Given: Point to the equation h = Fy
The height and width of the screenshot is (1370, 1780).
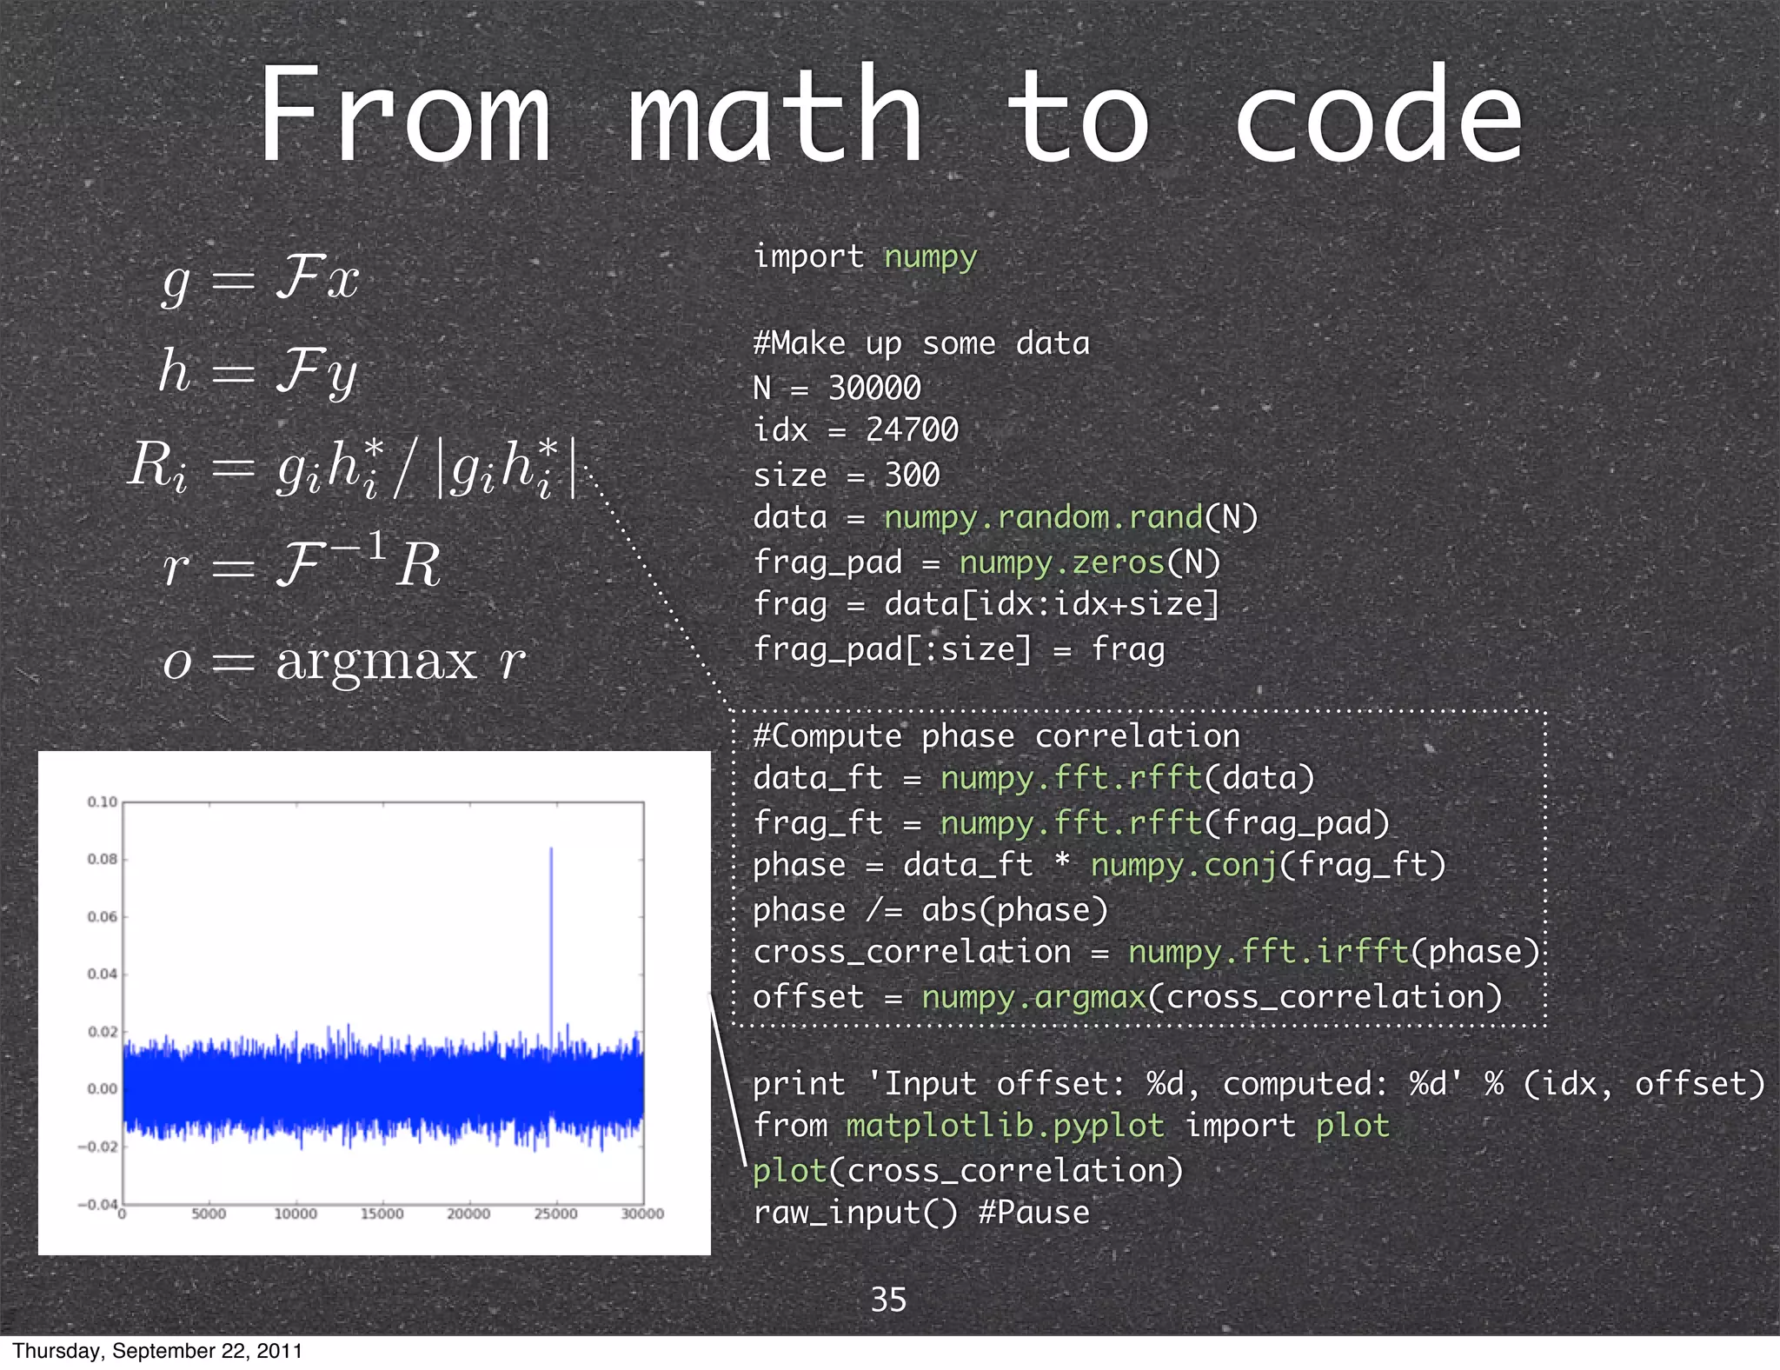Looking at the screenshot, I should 258,372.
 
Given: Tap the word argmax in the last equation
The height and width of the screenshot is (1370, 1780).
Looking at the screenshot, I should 376,661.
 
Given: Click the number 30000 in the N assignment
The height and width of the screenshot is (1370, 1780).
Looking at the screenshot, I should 874,388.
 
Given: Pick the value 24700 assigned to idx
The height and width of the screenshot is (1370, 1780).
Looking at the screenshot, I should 912,430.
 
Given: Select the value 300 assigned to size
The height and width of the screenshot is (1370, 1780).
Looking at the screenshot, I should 912,475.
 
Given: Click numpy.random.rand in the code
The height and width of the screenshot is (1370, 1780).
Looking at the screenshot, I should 1043,518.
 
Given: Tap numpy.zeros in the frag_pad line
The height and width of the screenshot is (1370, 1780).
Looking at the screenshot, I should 1061,562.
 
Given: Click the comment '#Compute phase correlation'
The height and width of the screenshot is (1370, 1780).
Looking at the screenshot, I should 996,736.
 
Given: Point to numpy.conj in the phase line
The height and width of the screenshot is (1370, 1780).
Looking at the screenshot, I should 1184,866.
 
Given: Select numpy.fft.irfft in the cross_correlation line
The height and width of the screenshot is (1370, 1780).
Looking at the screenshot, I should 1268,952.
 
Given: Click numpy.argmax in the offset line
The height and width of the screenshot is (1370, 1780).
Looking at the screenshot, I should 1033,997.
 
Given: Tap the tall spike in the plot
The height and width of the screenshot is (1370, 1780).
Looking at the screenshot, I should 551,921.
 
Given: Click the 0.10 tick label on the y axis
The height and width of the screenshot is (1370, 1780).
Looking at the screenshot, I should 102,801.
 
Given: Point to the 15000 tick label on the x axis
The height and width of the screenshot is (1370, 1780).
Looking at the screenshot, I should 382,1214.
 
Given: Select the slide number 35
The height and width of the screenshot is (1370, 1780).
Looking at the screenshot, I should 888,1300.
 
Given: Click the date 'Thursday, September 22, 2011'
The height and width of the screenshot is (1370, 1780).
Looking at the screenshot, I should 157,1351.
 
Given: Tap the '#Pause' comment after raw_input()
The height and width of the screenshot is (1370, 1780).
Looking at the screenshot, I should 1033,1213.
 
